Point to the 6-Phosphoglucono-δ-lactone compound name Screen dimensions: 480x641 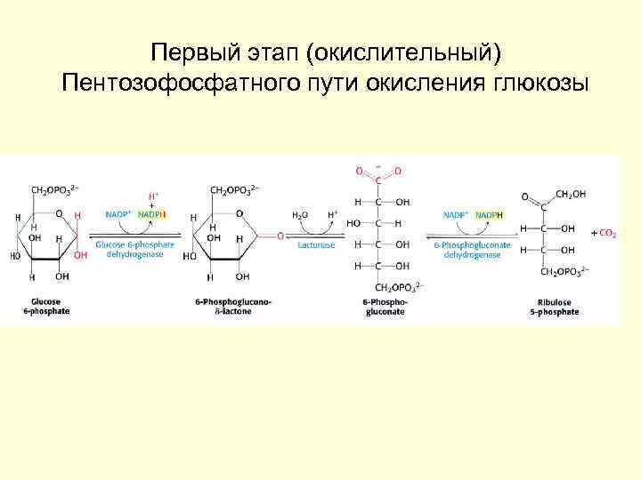(x=233, y=307)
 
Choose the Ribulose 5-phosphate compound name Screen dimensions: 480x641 (x=552, y=307)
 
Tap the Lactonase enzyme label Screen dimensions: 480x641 (x=318, y=243)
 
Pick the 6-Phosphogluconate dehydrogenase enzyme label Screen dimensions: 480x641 (x=472, y=249)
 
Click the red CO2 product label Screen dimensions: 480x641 (x=604, y=233)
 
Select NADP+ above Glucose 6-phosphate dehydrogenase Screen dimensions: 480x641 (x=118, y=215)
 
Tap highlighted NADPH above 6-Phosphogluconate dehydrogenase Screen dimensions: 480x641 (x=489, y=215)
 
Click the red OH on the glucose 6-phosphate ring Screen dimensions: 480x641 (x=81, y=255)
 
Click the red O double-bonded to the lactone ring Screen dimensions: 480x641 (x=280, y=236)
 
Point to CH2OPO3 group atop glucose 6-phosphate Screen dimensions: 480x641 (x=55, y=189)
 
